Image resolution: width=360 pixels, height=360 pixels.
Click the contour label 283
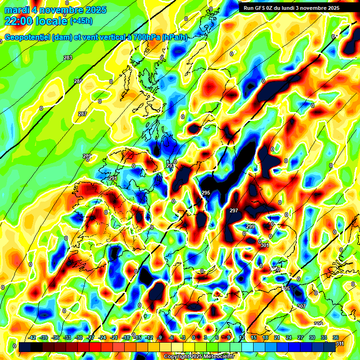68,58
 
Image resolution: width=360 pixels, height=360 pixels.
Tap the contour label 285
78,81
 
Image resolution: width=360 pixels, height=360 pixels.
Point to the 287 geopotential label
82,114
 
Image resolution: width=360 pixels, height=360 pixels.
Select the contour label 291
113,178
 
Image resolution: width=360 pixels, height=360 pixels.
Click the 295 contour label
206,193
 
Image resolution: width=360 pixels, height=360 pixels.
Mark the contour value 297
234,210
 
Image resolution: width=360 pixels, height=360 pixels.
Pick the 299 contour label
250,226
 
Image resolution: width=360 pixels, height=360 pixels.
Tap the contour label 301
265,245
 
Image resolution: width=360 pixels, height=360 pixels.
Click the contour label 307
301,306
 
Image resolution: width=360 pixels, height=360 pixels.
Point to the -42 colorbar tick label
32,337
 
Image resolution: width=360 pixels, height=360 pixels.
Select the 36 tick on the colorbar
336,337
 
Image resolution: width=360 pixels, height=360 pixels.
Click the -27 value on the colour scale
90,337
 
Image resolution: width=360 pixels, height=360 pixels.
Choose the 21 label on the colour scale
277,337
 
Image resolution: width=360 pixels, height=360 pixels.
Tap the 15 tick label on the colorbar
254,337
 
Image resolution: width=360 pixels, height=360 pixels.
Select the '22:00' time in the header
18,21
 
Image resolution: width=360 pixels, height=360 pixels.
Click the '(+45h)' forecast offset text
82,21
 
